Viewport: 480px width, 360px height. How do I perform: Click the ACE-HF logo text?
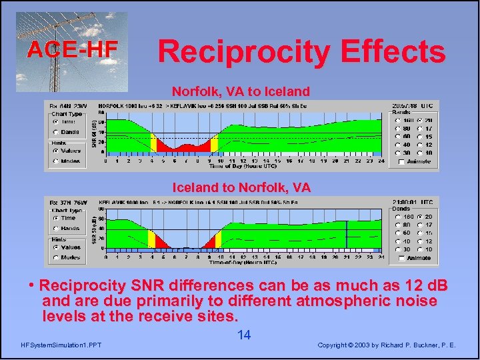(71, 49)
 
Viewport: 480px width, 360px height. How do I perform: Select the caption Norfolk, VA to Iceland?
(241, 91)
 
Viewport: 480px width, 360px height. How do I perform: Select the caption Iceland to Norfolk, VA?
(241, 187)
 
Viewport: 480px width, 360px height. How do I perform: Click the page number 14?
(244, 335)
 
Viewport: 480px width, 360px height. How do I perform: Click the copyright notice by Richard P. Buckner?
(387, 345)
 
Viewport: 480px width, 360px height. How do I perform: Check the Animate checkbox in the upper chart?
(400, 161)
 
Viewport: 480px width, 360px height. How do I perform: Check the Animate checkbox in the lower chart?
(400, 258)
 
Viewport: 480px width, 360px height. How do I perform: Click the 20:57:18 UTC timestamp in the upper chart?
(413, 105)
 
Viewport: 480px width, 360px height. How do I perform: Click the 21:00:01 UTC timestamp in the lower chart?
(413, 202)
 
